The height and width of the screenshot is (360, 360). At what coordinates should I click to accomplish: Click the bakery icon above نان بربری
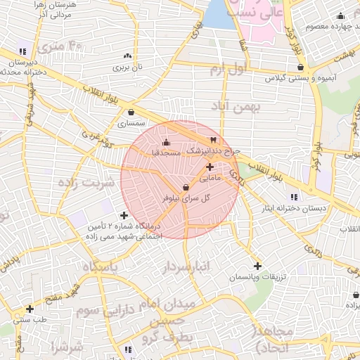pos(127,56)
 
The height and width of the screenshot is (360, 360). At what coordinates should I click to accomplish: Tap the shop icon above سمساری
pos(131,111)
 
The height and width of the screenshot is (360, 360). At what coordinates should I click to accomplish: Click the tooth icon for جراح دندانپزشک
pos(213,139)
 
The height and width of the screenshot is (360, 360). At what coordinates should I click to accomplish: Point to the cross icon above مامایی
pos(210,167)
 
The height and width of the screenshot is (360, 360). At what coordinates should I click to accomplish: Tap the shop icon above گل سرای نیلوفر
pos(186,187)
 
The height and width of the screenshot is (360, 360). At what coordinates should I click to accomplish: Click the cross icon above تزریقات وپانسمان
pos(257,266)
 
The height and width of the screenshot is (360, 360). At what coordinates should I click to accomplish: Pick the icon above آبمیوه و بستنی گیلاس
pos(301,67)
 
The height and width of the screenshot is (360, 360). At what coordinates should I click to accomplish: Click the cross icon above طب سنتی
pos(30,308)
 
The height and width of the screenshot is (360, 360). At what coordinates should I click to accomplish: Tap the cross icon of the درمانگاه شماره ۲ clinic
pos(124,215)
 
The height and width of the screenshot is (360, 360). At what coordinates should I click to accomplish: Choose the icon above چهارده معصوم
pos(341,16)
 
